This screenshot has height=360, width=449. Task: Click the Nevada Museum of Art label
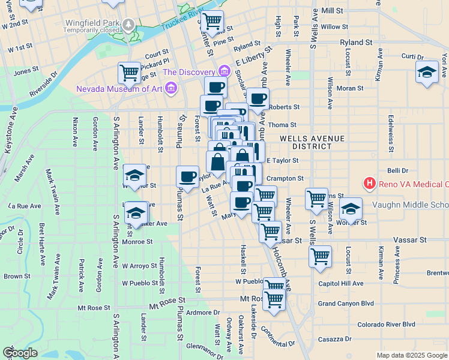tap(119, 89)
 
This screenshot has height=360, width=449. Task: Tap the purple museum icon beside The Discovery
tap(224, 72)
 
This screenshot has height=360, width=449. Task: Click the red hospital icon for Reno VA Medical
tap(370, 183)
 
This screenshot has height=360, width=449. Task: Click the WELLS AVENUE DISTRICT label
tap(312, 143)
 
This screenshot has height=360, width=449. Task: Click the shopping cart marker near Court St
tap(129, 73)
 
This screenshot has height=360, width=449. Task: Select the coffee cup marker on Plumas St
tap(187, 176)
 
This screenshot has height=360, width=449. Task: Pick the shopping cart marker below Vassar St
tap(321, 256)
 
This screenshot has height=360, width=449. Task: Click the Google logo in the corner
tap(20, 353)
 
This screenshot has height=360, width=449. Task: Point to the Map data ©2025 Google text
tap(411, 355)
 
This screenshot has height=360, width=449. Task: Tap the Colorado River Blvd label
tap(386, 325)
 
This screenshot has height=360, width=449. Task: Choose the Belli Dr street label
tap(397, 171)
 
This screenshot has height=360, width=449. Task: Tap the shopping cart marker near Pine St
tap(212, 21)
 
